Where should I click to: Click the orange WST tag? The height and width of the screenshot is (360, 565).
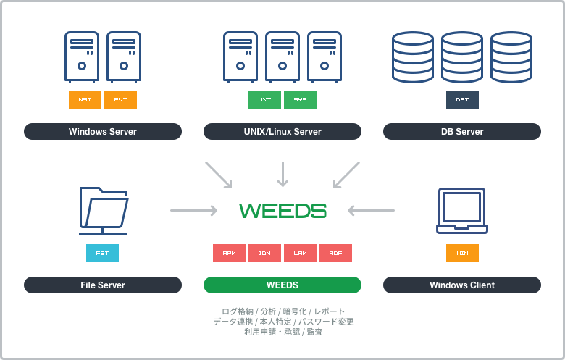pyautogui.click(x=85, y=99)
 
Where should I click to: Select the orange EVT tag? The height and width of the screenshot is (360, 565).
pyautogui.click(x=120, y=99)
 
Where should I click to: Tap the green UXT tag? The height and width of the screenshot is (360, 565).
pyautogui.click(x=264, y=99)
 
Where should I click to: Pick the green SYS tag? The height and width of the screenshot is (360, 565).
pyautogui.click(x=300, y=99)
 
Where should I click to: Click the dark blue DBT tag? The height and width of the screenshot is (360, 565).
pyautogui.click(x=462, y=99)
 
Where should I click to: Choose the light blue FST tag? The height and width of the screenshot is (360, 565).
pyautogui.click(x=102, y=253)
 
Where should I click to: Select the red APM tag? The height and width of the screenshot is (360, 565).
pyautogui.click(x=229, y=253)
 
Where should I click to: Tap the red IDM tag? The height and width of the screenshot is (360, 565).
pyautogui.click(x=264, y=253)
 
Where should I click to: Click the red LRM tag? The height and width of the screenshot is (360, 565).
pyautogui.click(x=300, y=253)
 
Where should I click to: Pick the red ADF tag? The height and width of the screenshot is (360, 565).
pyautogui.click(x=335, y=253)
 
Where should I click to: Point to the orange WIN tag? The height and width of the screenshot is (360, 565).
pyautogui.click(x=462, y=253)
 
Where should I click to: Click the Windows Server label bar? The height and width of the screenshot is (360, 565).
pyautogui.click(x=103, y=131)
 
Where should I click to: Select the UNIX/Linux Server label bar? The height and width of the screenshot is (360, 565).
pyautogui.click(x=282, y=131)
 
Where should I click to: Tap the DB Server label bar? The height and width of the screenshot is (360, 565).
pyautogui.click(x=462, y=131)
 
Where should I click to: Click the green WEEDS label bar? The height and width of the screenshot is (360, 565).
pyautogui.click(x=282, y=285)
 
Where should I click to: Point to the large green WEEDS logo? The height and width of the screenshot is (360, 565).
pyautogui.click(x=282, y=211)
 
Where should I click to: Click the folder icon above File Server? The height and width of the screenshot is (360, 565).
pyautogui.click(x=103, y=210)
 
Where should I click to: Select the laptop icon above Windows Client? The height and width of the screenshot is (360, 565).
pyautogui.click(x=462, y=211)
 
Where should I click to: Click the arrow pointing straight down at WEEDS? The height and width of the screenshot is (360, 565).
pyautogui.click(x=282, y=174)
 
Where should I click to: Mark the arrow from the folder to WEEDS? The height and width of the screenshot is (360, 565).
pyautogui.click(x=193, y=211)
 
